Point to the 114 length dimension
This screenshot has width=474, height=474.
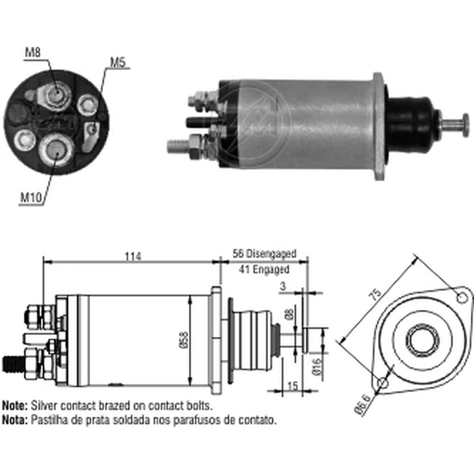click(133, 256)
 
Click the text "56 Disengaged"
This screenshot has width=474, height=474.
click(264, 254)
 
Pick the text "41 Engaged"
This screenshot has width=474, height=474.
click(264, 269)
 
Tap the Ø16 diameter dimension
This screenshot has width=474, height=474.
click(317, 367)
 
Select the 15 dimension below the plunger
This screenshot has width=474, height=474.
click(292, 386)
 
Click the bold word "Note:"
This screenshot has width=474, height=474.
click(15, 406)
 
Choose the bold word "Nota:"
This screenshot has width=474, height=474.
click(15, 419)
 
